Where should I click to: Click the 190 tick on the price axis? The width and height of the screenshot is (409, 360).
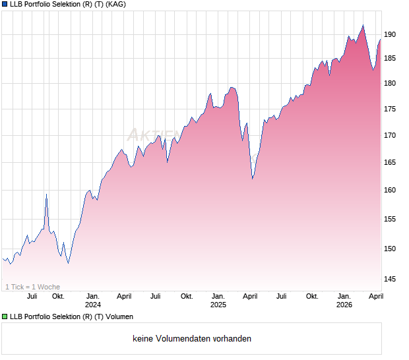pyautogui.click(x=390, y=34)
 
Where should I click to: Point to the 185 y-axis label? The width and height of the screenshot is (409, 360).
pyautogui.click(x=390, y=59)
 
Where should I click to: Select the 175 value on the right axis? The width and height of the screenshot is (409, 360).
pyautogui.click(x=390, y=109)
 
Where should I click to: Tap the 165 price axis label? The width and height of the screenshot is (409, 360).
pyautogui.click(x=390, y=162)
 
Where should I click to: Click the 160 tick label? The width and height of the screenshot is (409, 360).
pyautogui.click(x=390, y=191)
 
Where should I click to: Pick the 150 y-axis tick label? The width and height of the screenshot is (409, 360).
pyautogui.click(x=390, y=249)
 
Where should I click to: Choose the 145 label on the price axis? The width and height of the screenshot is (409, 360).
pyautogui.click(x=390, y=280)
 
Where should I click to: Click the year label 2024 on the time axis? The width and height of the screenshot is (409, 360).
pyautogui.click(x=93, y=305)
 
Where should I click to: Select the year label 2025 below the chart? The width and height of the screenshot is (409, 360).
pyautogui.click(x=218, y=305)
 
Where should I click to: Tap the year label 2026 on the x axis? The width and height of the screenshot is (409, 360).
pyautogui.click(x=344, y=305)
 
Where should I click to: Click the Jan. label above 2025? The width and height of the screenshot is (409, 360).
pyautogui.click(x=218, y=296)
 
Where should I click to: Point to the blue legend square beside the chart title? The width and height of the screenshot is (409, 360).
pyautogui.click(x=5, y=5)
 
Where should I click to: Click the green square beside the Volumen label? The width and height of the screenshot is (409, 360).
pyautogui.click(x=5, y=317)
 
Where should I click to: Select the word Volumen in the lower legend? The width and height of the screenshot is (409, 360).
pyautogui.click(x=118, y=317)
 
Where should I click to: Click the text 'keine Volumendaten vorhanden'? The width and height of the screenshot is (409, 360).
pyautogui.click(x=191, y=339)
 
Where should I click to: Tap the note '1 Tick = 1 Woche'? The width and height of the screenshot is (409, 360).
pyautogui.click(x=32, y=287)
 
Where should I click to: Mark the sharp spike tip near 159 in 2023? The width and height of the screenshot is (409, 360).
pyautogui.click(x=46, y=195)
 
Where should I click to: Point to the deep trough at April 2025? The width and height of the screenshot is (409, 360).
pyautogui.click(x=252, y=179)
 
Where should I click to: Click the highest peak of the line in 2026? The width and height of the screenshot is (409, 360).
pyautogui.click(x=363, y=25)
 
